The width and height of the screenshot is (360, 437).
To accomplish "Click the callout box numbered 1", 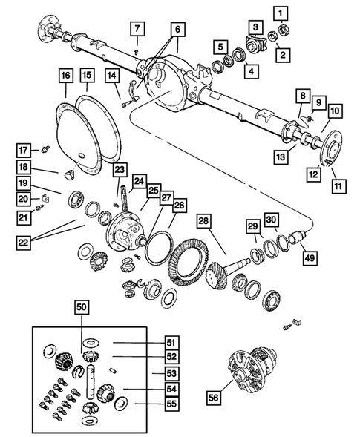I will tap(279, 13).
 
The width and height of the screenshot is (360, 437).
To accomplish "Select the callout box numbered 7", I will tap(137, 29).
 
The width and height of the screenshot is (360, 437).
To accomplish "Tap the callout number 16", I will tap(65, 76).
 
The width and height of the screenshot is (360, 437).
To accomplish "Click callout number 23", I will tap(119, 171).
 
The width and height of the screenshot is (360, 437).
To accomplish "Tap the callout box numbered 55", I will tap(171, 404).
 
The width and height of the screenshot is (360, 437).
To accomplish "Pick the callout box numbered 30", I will tap(272, 220).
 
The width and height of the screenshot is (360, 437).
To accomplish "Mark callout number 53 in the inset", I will tap(171, 373).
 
